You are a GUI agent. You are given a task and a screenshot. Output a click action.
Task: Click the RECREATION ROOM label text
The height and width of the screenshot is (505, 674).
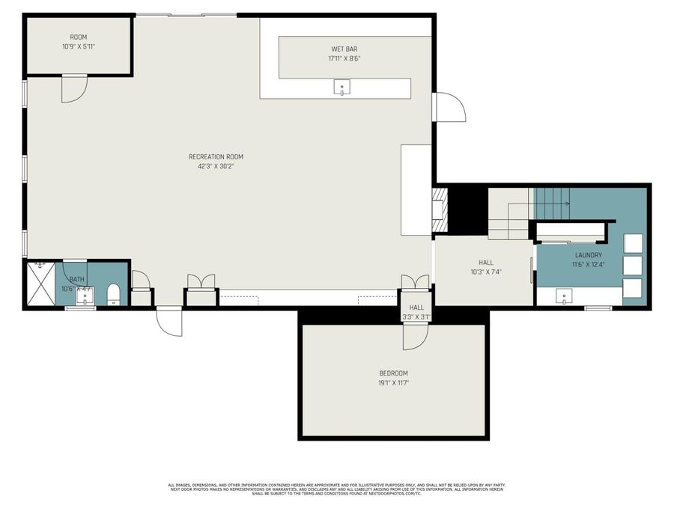pyautogui.click(x=216, y=156)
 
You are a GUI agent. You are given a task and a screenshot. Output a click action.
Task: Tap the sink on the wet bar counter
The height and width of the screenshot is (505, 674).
pyautogui.click(x=342, y=88)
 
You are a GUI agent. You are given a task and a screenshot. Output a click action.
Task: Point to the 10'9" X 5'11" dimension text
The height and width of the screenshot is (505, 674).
pyautogui.click(x=79, y=46)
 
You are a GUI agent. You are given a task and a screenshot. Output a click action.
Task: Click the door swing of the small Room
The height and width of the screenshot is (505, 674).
pyautogui.click(x=74, y=88)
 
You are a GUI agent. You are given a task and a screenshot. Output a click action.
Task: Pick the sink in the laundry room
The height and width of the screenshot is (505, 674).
pyautogui.click(x=564, y=296)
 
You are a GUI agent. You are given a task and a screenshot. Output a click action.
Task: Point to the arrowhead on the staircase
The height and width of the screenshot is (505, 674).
pyautogui.click(x=567, y=203)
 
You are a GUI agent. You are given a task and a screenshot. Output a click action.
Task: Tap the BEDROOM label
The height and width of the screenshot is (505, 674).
pyautogui.click(x=393, y=373)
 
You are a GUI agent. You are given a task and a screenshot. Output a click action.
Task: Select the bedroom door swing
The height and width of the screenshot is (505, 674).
pyautogui.click(x=415, y=337)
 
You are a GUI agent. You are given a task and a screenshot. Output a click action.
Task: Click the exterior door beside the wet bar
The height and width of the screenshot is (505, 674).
pyautogui.click(x=449, y=107)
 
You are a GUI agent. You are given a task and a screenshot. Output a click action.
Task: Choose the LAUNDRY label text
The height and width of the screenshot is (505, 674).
pyautogui.click(x=588, y=255)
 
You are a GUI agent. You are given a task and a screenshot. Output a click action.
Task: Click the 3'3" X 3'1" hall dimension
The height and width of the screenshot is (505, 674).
pyautogui.click(x=416, y=316)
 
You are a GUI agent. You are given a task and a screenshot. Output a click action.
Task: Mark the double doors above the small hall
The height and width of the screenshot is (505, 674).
pyautogui.click(x=416, y=282)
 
